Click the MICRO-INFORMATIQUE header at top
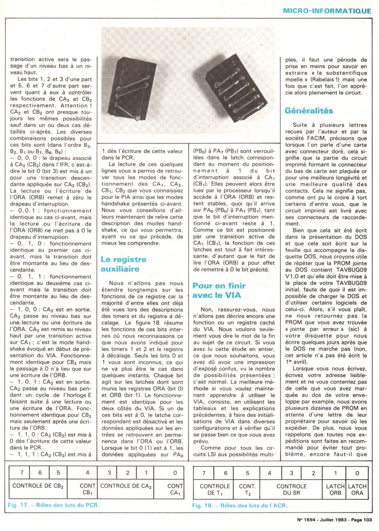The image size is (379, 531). [x=327, y=11]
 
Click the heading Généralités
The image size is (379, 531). [x=309, y=111]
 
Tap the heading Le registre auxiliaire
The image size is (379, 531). [x=123, y=264]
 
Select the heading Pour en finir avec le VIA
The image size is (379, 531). [x=219, y=290]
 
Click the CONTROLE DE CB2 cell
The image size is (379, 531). [x=38, y=486]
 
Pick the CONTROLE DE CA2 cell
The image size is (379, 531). [x=126, y=486]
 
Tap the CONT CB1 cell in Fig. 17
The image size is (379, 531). [x=88, y=489]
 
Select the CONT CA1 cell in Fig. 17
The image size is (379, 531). [x=175, y=489]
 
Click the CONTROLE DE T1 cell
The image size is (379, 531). [x=215, y=489]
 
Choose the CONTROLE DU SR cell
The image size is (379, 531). [x=291, y=489]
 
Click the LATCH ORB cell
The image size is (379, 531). [x=335, y=489]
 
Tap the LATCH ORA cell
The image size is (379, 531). [x=357, y=489]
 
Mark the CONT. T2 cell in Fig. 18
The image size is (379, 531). [x=247, y=489]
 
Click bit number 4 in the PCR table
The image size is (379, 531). [x=88, y=473]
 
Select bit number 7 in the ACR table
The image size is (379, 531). [x=204, y=473]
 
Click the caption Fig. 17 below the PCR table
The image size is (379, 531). [x=53, y=505]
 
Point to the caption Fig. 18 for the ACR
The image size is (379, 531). [x=240, y=505]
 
